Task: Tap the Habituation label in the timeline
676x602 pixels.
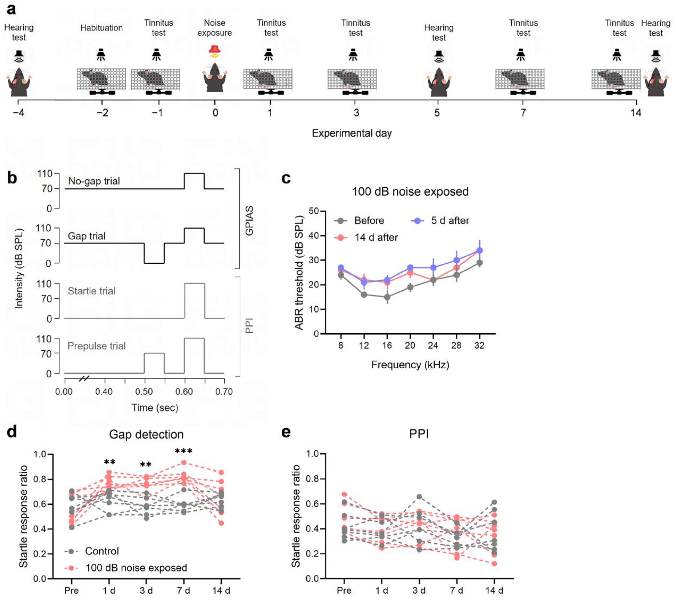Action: tap(101, 28)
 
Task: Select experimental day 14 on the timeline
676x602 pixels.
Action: tap(635, 113)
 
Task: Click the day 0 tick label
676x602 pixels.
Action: tap(215, 113)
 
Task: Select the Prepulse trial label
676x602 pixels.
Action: tap(96, 346)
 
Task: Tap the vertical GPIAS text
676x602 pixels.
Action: tap(249, 221)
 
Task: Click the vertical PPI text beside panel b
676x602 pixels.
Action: tap(249, 326)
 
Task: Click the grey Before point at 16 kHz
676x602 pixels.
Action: tap(387, 297)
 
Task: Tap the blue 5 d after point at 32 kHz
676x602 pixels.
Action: tap(479, 250)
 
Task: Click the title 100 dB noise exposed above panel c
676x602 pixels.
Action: tap(410, 191)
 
